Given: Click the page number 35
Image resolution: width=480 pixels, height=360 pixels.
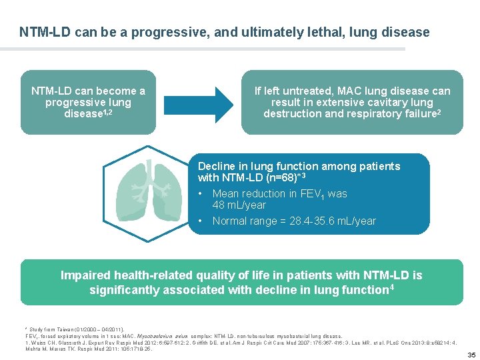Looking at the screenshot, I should point(471,354).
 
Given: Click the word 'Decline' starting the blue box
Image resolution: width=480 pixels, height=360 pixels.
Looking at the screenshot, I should point(217,166).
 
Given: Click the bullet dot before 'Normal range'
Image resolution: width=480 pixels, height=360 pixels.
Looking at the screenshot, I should point(201,221).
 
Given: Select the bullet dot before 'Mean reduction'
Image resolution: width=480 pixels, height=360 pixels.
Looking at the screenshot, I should point(201,193).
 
